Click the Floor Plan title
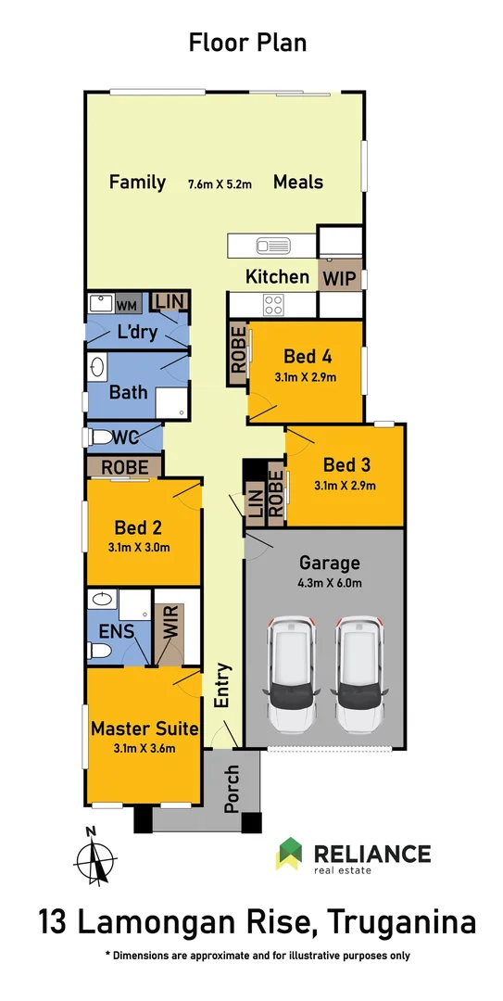point(247,43)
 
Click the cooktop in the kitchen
point(273,304)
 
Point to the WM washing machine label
point(126,304)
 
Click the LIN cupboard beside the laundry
point(170,301)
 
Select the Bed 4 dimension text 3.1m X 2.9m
point(305,377)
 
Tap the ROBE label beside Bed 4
point(238,353)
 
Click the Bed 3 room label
point(346,464)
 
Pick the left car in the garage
point(292,674)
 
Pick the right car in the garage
point(359,674)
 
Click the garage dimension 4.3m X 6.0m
point(330,583)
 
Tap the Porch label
point(232,789)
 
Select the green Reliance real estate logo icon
point(289,854)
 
